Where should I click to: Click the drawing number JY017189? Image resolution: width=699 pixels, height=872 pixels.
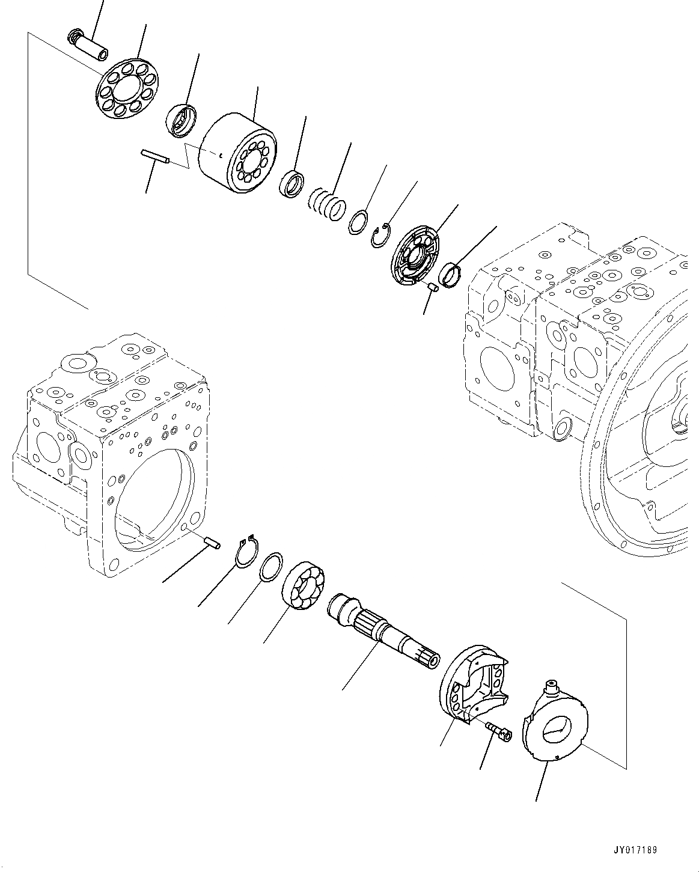point(636,850)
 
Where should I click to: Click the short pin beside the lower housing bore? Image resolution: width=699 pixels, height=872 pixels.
point(212,541)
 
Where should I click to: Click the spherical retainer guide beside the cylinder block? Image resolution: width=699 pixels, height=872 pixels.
point(181,120)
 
